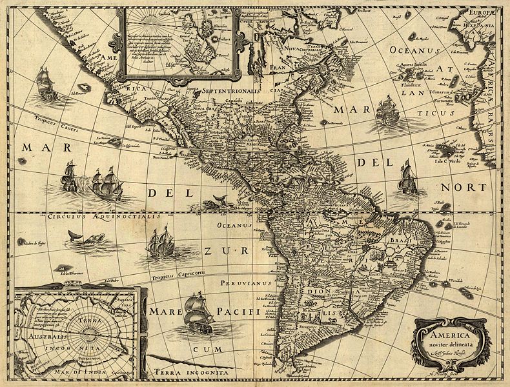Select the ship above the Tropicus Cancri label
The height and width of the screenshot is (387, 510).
pyautogui.click(x=46, y=84)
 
